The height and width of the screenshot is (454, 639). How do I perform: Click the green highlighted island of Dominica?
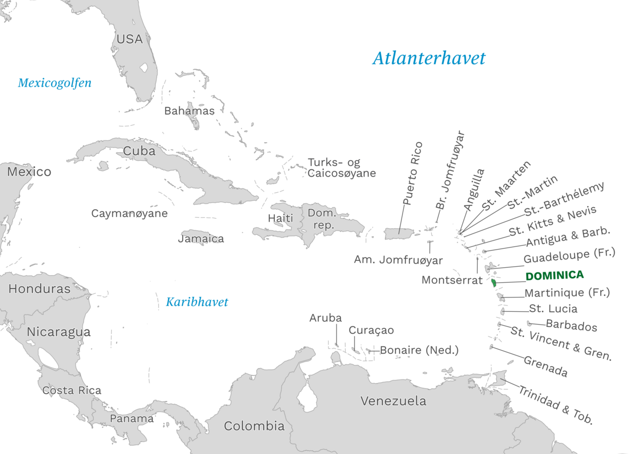(x=494, y=282)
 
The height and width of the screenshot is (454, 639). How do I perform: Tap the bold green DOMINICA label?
(x=554, y=276)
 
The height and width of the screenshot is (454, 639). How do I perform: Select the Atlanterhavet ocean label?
(x=429, y=58)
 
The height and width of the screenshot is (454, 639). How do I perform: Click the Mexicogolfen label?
(x=54, y=83)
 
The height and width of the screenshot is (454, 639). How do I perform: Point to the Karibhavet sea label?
(x=196, y=302)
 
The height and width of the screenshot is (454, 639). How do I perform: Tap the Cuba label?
(x=139, y=151)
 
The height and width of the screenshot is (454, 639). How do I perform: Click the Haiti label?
(x=280, y=218)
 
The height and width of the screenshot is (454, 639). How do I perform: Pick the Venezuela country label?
(x=393, y=401)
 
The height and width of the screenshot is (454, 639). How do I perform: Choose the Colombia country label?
(x=254, y=426)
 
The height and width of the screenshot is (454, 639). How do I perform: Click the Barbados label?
(x=571, y=326)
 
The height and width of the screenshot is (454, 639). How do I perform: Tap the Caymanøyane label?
(x=129, y=213)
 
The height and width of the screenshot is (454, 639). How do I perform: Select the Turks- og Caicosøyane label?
(x=341, y=168)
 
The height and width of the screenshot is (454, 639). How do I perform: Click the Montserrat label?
(x=452, y=279)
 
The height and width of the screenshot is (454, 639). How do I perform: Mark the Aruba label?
(x=325, y=318)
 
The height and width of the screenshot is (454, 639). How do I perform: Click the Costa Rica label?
(x=71, y=390)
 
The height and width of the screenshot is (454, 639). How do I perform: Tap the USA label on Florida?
(x=129, y=39)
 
